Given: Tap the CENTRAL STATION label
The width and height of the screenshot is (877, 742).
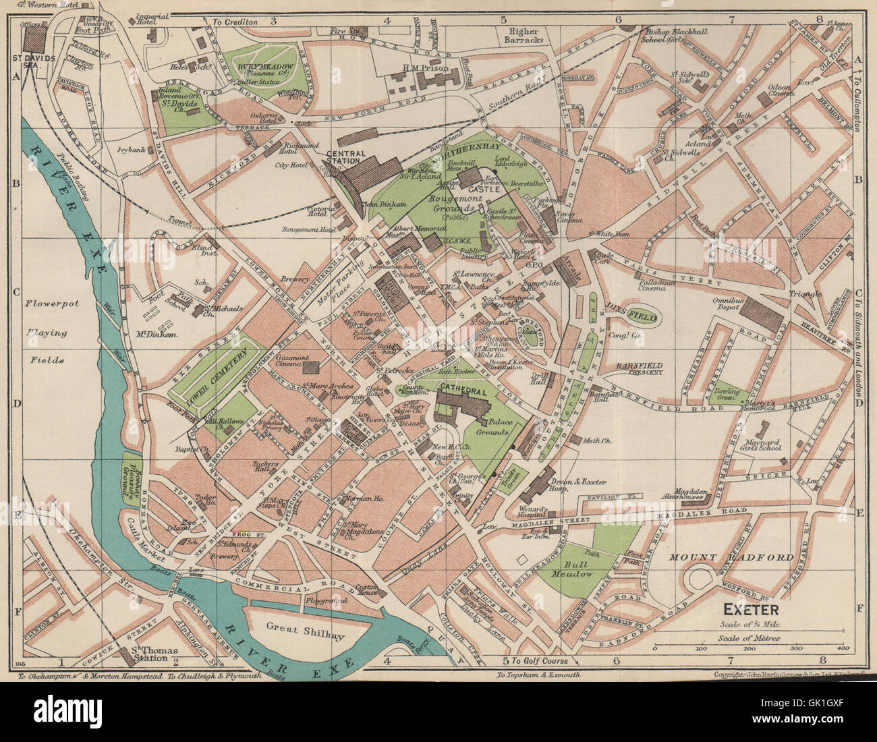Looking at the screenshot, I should pyautogui.click(x=345, y=157).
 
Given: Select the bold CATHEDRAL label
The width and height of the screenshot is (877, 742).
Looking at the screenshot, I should pyautogui.click(x=461, y=389).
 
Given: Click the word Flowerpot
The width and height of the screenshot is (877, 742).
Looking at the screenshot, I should pyautogui.click(x=53, y=304).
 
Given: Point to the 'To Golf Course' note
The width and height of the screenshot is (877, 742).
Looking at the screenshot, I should pyautogui.click(x=539, y=660).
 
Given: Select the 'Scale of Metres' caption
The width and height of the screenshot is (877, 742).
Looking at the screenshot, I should pyautogui.click(x=750, y=637).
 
